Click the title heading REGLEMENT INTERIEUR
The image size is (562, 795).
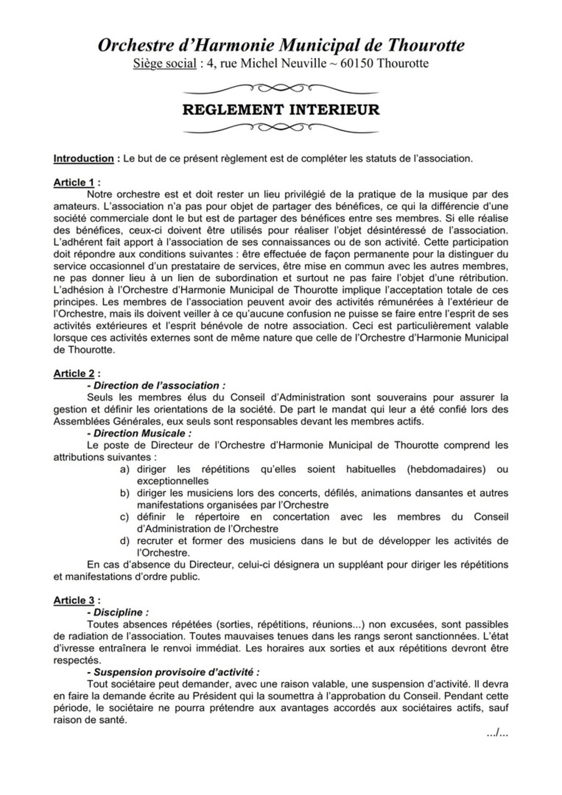point(280,110)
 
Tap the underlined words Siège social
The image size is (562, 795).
point(165,64)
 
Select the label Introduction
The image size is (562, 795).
point(83,159)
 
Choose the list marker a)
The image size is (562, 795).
point(125,469)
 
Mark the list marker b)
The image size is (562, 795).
point(125,493)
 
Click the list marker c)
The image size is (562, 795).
point(125,516)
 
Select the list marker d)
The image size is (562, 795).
point(125,540)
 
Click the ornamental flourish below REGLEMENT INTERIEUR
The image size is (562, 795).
point(280,129)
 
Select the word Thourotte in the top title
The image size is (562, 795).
point(426,46)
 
